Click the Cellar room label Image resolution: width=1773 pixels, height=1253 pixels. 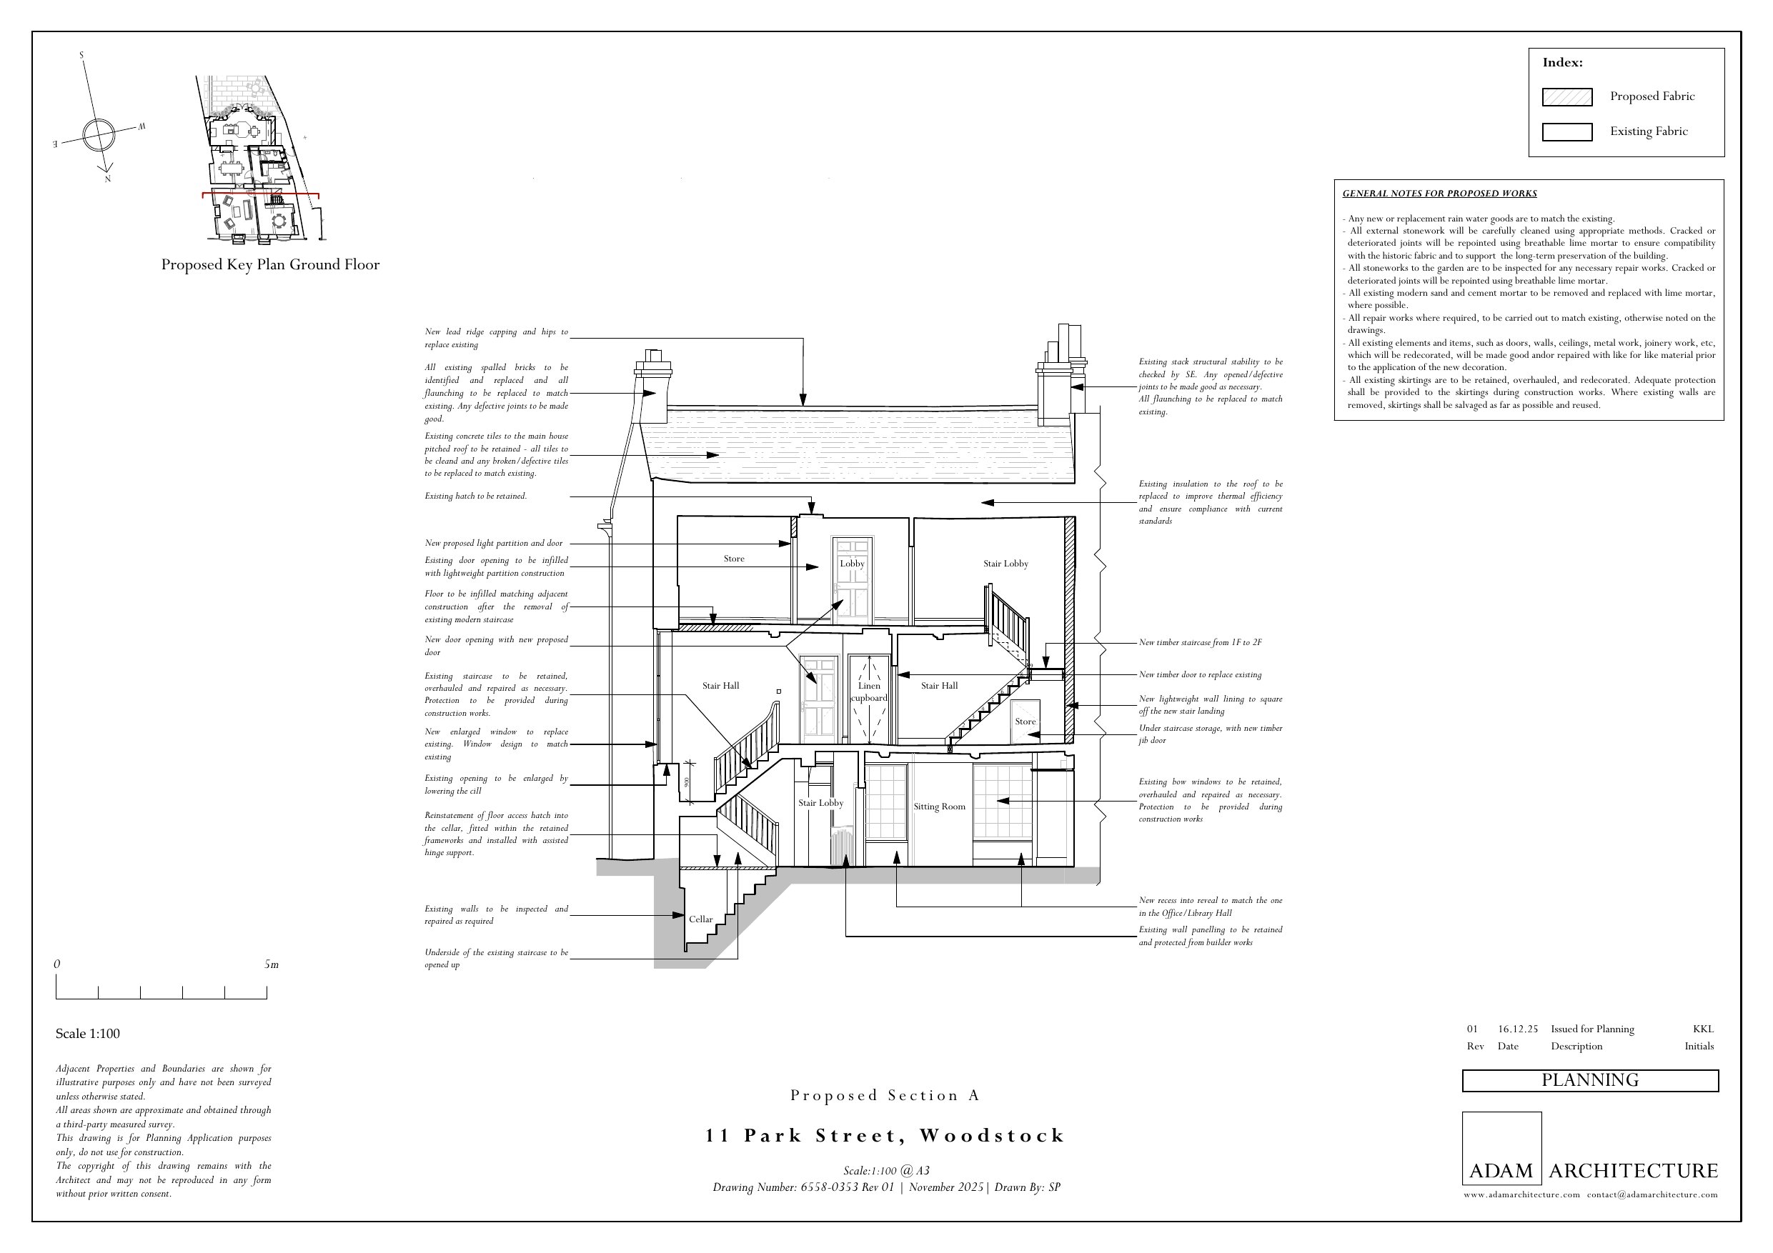pos(700,919)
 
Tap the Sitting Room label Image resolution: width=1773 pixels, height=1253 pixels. pos(939,807)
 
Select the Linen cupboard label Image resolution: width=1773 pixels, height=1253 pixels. pos(869,692)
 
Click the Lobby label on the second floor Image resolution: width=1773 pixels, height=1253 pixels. pos(852,564)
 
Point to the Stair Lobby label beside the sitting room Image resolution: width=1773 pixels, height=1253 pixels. pos(821,803)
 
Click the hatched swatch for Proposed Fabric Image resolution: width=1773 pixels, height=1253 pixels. pos(1566,96)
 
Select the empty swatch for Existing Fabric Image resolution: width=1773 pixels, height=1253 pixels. pos(1566,132)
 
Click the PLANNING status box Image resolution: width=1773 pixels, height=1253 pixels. pos(1590,1080)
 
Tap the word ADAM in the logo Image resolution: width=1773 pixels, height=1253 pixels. pos(1501,1170)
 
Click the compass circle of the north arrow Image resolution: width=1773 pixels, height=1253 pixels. pos(98,134)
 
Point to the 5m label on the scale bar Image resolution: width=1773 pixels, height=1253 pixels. pos(271,964)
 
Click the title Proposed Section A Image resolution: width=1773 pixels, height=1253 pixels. pos(885,1094)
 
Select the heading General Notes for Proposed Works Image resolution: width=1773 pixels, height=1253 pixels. pos(1439,194)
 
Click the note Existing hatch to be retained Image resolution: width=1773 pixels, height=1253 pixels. pos(476,496)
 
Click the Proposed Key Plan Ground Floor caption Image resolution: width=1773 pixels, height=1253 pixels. pos(270,265)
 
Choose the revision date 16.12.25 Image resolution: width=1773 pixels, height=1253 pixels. pos(1517,1029)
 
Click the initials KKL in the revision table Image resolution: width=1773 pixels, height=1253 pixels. pos(1703,1029)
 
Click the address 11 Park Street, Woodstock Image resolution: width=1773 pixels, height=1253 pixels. pos(885,1136)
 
